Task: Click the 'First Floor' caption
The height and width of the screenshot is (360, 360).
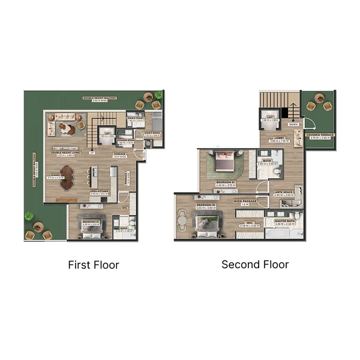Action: (94, 265)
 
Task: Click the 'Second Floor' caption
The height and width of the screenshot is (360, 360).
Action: (255, 264)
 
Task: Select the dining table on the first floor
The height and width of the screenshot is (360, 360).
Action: (67, 177)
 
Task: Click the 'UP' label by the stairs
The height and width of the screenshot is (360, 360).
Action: (92, 152)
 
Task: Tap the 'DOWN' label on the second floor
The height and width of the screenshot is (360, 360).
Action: (293, 124)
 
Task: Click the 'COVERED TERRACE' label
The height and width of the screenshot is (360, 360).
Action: (319, 135)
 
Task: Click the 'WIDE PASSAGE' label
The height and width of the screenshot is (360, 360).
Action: (245, 201)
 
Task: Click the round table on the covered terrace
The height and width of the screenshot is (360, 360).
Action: (319, 106)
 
